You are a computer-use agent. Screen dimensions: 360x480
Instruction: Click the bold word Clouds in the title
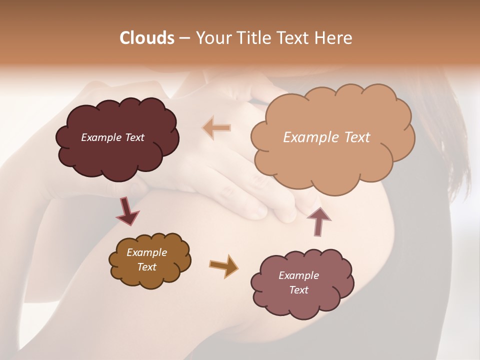(147, 38)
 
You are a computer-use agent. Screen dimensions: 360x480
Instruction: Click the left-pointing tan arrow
(216, 128)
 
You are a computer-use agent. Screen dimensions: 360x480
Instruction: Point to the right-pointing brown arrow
(223, 265)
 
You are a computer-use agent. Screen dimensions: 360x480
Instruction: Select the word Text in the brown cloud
(146, 267)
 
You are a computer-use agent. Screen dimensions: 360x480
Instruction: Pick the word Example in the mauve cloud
(298, 275)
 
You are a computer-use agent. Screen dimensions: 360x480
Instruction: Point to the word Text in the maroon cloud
(134, 137)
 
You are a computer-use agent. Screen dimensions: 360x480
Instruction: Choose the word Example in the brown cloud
(146, 252)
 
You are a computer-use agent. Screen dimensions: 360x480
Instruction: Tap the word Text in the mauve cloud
(298, 290)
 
